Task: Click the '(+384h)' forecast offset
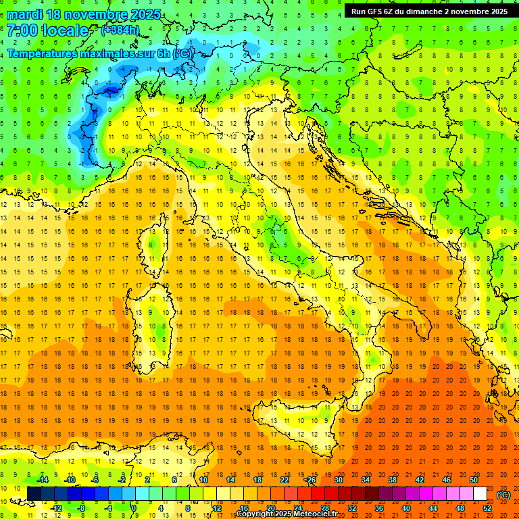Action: [120, 30]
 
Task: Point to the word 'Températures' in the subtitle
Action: [41, 53]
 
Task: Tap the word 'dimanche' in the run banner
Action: [423, 11]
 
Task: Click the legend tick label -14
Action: [42, 480]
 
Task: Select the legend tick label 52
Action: [487, 508]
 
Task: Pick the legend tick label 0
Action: [134, 508]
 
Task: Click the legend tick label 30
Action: [339, 480]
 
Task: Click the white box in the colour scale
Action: [480, 494]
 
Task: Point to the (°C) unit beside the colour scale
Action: [503, 495]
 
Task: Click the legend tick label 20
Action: [271, 508]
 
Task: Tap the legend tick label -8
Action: [82, 508]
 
